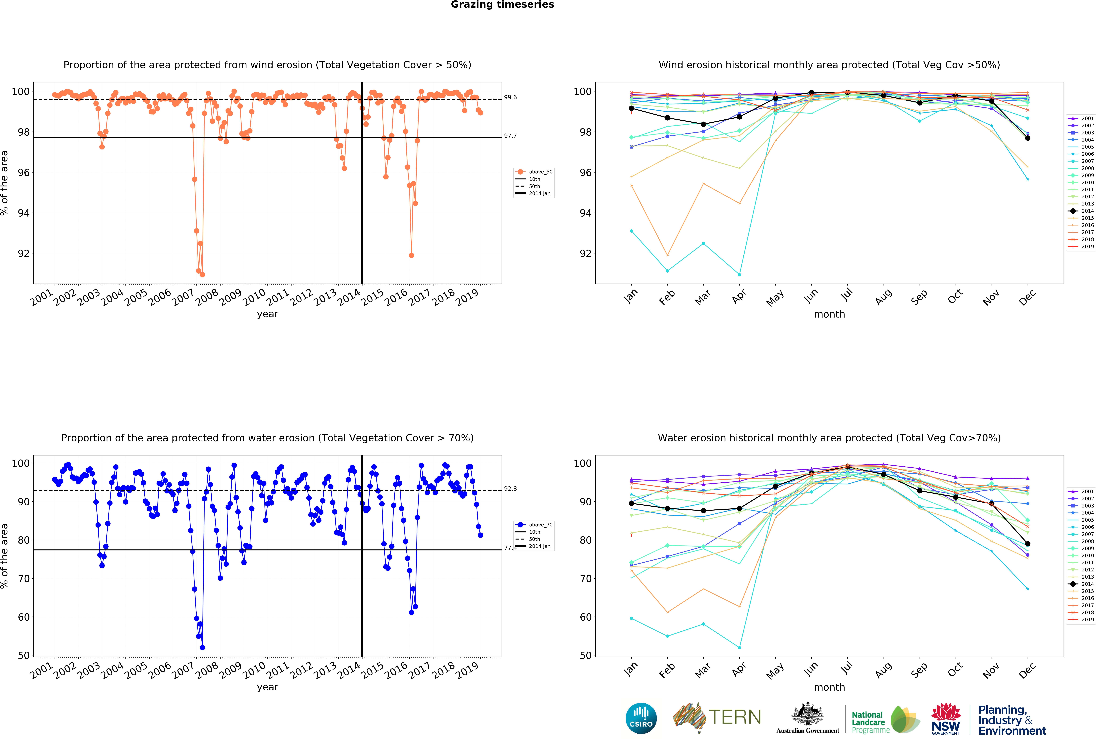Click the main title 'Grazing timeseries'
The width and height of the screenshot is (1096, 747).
coord(502,5)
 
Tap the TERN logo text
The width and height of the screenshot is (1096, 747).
coord(735,717)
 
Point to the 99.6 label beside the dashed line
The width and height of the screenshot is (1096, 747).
coord(510,98)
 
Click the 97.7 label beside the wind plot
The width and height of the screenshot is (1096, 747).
coord(510,136)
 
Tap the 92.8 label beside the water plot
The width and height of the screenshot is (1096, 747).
coord(510,489)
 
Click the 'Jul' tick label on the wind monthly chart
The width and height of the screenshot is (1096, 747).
coord(847,295)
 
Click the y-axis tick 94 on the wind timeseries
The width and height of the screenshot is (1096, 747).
coord(24,213)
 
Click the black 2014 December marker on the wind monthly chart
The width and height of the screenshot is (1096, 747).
coord(1028,138)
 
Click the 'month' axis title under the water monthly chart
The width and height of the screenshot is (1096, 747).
coord(829,687)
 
